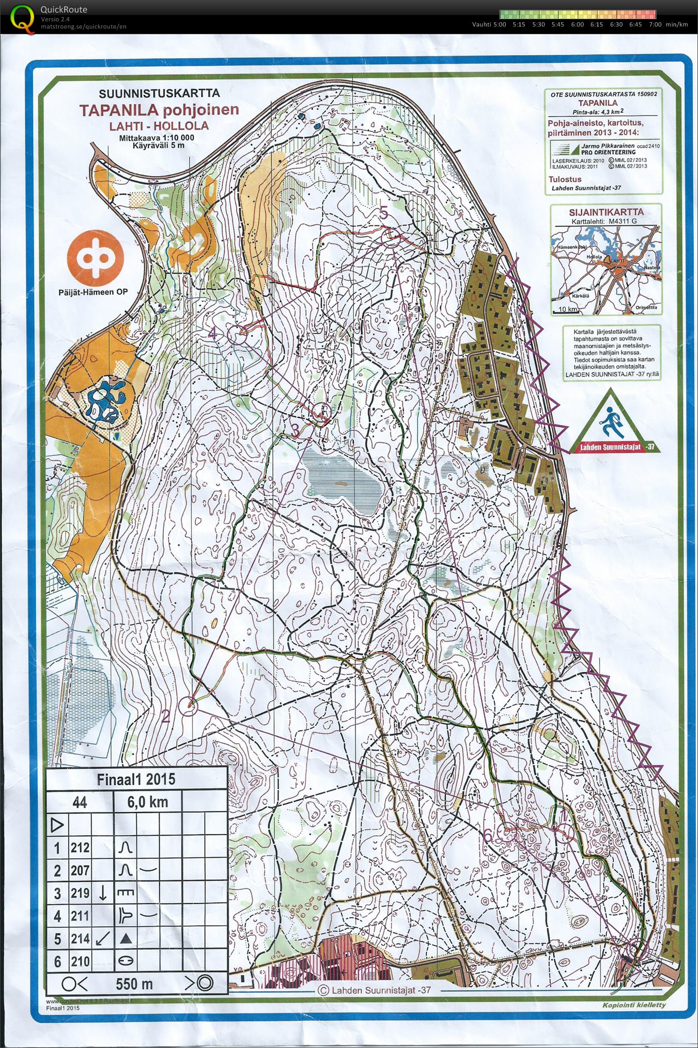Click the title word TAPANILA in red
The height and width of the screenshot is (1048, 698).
[118, 110]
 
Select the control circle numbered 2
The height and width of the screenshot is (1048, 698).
[189, 705]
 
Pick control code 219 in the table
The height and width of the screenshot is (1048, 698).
[80, 893]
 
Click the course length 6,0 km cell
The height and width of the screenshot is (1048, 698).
[147, 802]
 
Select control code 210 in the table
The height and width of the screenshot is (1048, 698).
[80, 961]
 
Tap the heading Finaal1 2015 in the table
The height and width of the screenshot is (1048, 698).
[136, 779]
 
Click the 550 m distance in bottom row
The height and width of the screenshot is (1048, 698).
[134, 984]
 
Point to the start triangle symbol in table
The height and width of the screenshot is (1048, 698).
[58, 825]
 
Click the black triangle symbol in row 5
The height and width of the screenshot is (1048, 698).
[125, 939]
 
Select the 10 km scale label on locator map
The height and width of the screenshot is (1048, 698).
[568, 309]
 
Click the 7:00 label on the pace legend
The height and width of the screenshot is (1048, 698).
[655, 24]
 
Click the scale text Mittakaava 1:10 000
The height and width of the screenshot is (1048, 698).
[157, 138]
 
